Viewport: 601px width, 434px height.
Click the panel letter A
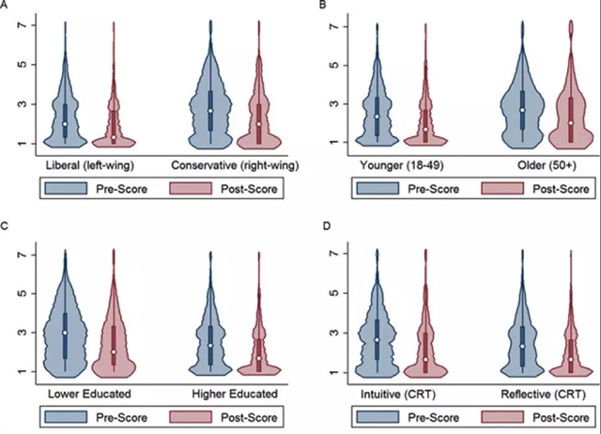pos(6,7)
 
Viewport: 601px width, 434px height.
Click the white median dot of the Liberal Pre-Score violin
pos(65,123)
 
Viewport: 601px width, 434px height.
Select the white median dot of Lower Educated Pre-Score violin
pos(65,333)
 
